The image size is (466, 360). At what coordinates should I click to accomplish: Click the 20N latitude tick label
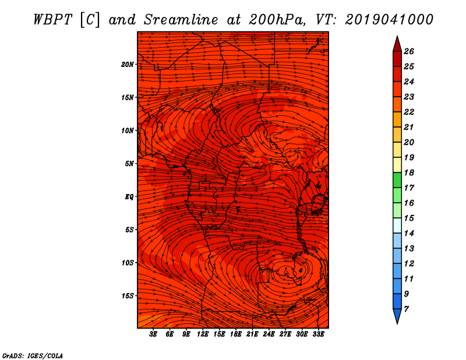tap(127, 65)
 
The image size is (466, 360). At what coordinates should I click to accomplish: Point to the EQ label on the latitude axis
tap(129, 197)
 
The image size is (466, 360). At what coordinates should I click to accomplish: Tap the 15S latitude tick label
tap(127, 296)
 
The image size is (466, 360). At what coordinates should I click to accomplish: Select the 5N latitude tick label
tap(129, 164)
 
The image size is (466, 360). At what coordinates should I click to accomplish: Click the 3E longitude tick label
tap(153, 334)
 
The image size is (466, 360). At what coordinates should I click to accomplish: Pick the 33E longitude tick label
tap(318, 334)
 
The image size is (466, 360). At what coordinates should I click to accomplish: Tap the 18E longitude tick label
tap(236, 334)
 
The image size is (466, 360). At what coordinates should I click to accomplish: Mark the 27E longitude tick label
tap(285, 334)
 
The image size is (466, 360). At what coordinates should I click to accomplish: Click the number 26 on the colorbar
tap(409, 51)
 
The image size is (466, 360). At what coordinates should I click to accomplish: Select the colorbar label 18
tap(409, 172)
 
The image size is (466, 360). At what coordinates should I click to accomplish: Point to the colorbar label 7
tap(406, 309)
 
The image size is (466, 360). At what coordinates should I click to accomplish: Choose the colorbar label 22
tap(409, 112)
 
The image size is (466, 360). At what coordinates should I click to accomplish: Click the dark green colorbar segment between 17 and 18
tap(397, 180)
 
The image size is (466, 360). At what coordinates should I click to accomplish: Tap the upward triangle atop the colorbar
tap(397, 45)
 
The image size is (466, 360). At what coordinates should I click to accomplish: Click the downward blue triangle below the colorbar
tap(397, 315)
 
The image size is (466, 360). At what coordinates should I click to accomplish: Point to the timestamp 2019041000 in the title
tap(389, 20)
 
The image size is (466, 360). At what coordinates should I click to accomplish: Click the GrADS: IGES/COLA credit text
tap(33, 355)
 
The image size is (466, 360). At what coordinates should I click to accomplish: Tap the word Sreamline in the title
tap(181, 20)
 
